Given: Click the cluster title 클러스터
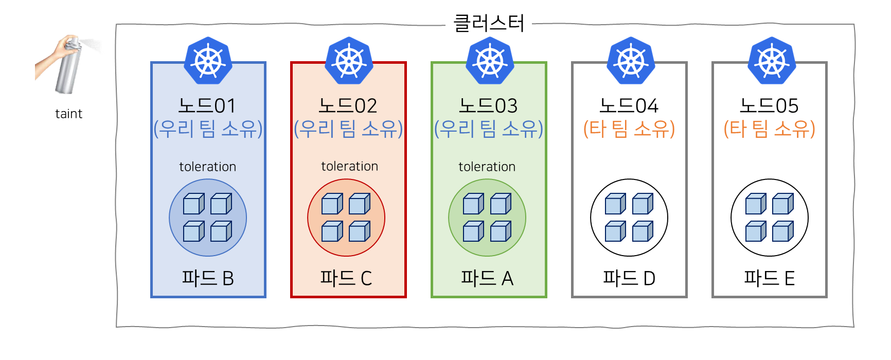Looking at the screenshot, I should [489, 24].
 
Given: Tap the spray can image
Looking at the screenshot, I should [67, 65].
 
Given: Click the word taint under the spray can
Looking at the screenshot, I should [68, 114].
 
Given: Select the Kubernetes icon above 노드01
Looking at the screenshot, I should [208, 61].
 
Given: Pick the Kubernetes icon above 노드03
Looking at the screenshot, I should [490, 61].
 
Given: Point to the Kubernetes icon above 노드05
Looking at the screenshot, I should [772, 61].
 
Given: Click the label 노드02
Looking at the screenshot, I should [348, 106].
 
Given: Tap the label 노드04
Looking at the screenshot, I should [629, 106].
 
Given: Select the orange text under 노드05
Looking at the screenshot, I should [769, 129].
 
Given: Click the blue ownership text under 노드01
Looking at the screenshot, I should [208, 129].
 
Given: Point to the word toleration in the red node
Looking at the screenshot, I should [349, 166].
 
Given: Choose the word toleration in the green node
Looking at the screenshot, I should [487, 167].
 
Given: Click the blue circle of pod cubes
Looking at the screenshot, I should [208, 218].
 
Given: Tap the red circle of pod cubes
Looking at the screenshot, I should [346, 218].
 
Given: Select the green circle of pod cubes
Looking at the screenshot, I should [487, 218].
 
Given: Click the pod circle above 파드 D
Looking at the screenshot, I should [629, 218].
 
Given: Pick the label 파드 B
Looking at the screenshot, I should [208, 278].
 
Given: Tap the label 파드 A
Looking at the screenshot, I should [487, 278].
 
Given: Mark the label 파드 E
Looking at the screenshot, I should [769, 278].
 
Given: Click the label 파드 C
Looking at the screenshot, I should [346, 278].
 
